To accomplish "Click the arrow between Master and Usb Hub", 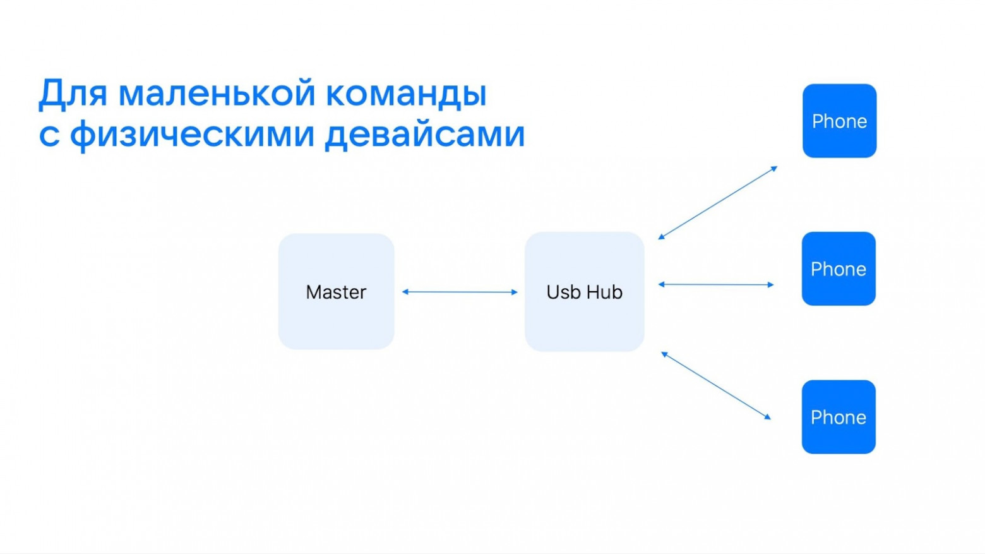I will [x=460, y=292].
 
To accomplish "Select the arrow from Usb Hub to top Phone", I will [x=717, y=203].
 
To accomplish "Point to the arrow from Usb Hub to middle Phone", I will [x=716, y=285].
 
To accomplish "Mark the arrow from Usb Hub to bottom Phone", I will [x=716, y=385].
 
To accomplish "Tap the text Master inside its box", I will [x=336, y=292].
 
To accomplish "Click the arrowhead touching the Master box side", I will [x=405, y=292].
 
